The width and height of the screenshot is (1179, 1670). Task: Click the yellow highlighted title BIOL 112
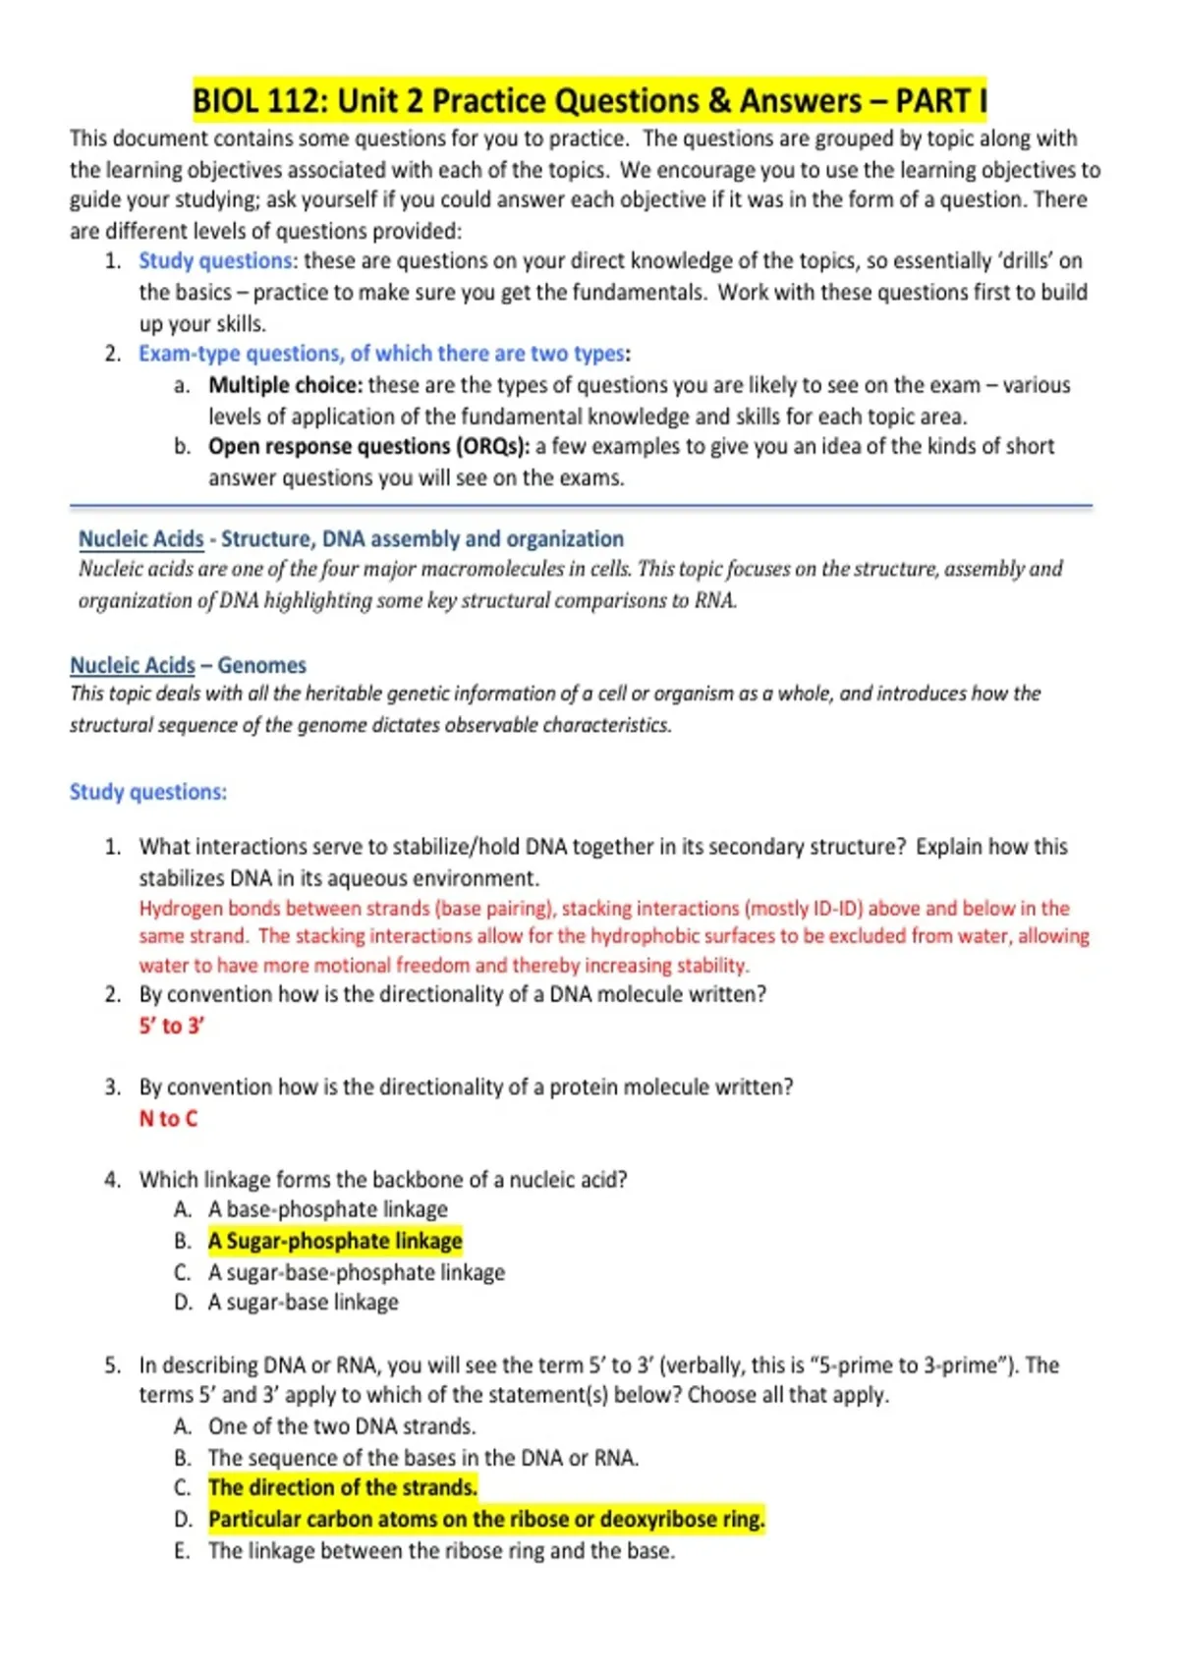[x=589, y=101]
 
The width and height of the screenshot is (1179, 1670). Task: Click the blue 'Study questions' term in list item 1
[x=215, y=261]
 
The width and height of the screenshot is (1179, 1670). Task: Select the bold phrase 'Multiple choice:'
[x=285, y=385]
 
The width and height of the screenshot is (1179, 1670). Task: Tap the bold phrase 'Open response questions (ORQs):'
[x=368, y=447]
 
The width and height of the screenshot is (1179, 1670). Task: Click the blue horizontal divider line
[x=581, y=507]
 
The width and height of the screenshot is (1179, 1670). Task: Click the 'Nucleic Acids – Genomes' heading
[x=188, y=665]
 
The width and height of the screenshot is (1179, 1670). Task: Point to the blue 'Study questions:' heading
[x=148, y=792]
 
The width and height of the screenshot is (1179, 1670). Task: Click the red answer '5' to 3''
[x=171, y=1026]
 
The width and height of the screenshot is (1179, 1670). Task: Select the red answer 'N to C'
[x=168, y=1119]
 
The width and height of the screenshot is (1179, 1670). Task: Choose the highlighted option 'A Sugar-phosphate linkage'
[x=334, y=1241]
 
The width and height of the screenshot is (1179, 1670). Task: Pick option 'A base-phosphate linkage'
[x=327, y=1209]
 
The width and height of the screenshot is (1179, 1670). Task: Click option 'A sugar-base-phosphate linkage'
[x=356, y=1272]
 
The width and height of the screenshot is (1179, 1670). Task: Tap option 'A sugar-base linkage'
[x=303, y=1303]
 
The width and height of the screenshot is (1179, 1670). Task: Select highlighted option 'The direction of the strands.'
[x=342, y=1487]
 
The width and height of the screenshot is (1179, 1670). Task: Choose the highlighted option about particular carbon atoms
[x=485, y=1519]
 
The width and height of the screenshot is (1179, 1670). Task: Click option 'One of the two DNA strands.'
[x=341, y=1426]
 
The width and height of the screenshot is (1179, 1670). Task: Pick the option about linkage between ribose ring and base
[x=441, y=1551]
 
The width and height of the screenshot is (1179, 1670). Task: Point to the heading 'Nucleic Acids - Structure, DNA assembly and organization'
[x=351, y=539]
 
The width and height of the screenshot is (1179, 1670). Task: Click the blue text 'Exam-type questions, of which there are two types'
[x=381, y=354]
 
